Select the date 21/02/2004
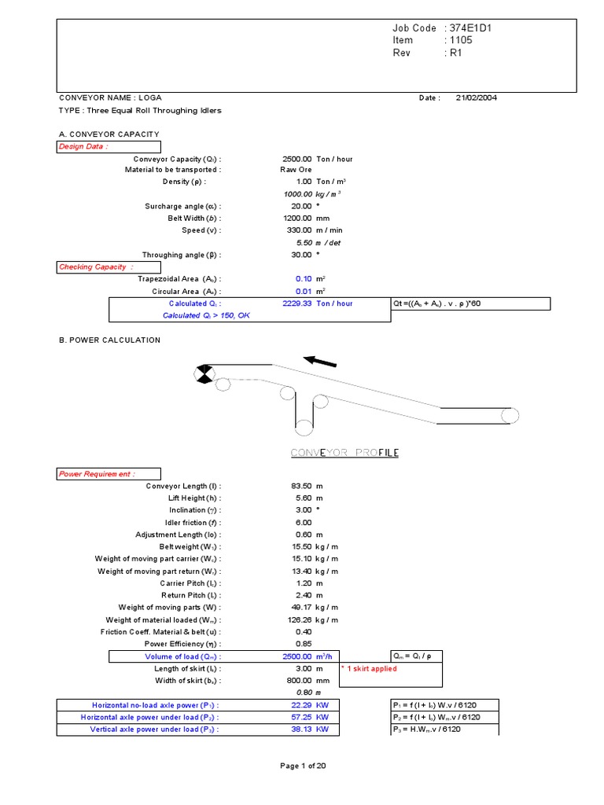tap(476, 98)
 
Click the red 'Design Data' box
tap(109, 147)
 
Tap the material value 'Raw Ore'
tap(296, 171)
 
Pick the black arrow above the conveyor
tap(320, 361)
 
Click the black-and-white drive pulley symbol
tap(204, 373)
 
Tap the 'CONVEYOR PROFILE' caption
tap(344, 453)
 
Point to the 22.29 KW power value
tap(301, 705)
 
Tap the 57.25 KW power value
tap(301, 717)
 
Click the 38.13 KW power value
tap(301, 729)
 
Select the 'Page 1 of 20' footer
tap(303, 766)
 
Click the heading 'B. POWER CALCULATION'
tap(110, 340)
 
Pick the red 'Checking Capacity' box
tap(109, 267)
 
